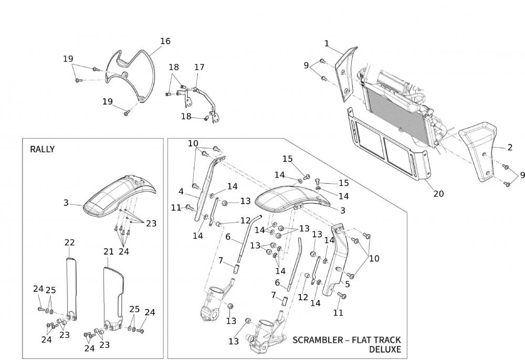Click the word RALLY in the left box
click(42, 149)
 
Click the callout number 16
click(165, 41)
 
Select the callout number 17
click(199, 67)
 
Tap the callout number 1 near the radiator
click(327, 43)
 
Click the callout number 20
click(438, 194)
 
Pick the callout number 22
click(69, 242)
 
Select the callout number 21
click(109, 252)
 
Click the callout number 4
click(181, 191)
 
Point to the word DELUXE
click(385, 349)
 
